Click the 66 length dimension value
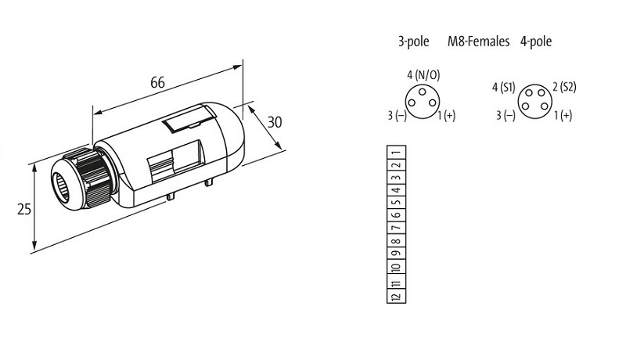[157, 82]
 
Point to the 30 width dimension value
[275, 122]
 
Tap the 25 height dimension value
[24, 209]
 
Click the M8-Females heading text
[478, 41]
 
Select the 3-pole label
[413, 41]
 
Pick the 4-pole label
[536, 41]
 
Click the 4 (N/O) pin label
[423, 74]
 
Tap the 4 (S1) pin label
[503, 88]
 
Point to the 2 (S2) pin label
[564, 87]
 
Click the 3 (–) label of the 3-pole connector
[398, 116]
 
